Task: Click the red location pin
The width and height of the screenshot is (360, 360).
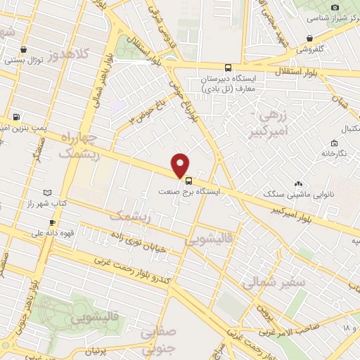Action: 181,164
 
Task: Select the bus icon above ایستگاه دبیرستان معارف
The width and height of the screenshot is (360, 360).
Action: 227,68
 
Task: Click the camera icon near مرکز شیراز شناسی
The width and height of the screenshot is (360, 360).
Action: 335,7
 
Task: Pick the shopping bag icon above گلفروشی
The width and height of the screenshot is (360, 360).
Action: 309,39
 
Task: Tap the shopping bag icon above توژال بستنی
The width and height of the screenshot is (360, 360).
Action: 25,50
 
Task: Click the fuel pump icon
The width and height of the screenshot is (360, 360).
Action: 16,117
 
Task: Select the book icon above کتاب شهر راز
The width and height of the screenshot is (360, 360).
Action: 48,192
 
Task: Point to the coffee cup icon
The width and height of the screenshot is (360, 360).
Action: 51,223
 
